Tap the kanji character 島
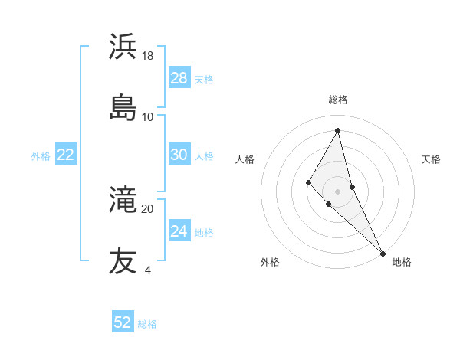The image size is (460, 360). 123,106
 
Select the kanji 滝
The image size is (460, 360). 123,200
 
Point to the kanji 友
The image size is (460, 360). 123,260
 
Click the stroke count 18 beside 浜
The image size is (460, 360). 148,55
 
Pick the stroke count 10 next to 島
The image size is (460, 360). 148,116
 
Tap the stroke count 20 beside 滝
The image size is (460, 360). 148,208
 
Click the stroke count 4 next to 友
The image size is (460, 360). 147,270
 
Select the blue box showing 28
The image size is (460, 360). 179,78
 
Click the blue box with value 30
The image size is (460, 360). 179,155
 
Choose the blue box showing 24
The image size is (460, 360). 179,231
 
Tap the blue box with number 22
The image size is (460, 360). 65,155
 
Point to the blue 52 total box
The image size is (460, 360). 123,322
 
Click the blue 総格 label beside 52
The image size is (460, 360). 148,324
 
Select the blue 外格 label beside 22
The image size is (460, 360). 41,156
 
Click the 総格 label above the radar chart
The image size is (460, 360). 338,100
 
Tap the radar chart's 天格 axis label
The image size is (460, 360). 431,159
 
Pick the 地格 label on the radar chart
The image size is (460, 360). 402,262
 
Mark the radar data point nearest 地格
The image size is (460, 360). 383,252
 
